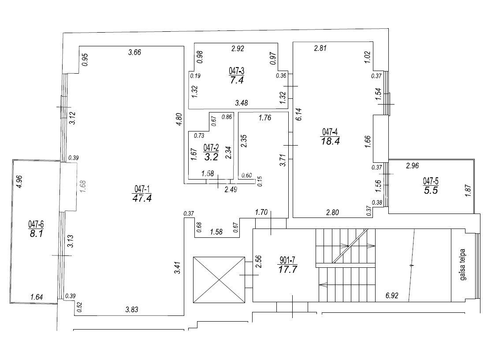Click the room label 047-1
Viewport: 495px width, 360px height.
point(142,189)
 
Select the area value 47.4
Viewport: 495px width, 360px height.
point(142,198)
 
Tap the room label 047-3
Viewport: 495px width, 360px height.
point(236,71)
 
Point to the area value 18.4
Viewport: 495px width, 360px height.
point(330,141)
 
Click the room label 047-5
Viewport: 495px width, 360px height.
point(431,181)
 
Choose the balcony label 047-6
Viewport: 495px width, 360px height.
point(36,225)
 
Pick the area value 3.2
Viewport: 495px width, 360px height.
point(211,157)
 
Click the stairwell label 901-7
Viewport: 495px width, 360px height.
point(287,260)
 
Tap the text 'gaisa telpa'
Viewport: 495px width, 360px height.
point(463,265)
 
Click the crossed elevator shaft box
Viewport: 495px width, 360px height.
point(219,280)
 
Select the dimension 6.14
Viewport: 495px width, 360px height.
point(299,114)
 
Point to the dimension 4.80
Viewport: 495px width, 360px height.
point(179,120)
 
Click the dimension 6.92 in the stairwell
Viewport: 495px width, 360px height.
point(392,296)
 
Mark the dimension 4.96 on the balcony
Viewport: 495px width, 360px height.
point(19,182)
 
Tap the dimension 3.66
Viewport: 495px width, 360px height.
point(134,52)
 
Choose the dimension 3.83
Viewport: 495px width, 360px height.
point(132,309)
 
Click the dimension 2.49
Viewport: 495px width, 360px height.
point(231,189)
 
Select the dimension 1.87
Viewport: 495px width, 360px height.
point(468,191)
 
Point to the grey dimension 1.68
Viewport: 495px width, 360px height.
point(82,187)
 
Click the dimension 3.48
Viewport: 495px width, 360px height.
point(242,103)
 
